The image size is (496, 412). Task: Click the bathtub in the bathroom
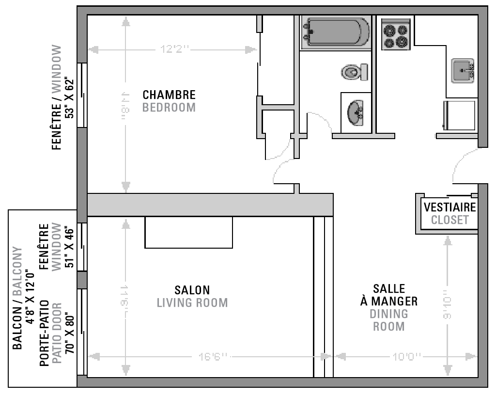[x=335, y=32]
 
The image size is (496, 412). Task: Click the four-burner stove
[x=395, y=34]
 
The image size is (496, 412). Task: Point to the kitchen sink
[x=463, y=71]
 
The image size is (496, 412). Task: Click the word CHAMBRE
[x=169, y=95]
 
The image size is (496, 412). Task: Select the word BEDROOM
[x=169, y=107]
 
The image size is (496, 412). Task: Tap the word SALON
[x=192, y=290]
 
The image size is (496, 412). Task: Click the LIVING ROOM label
[x=192, y=303]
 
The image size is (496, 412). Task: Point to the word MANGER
[x=389, y=301]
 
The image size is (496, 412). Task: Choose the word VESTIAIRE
[x=450, y=207]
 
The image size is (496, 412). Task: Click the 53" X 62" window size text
[x=71, y=98]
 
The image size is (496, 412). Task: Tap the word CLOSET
[x=450, y=220]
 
